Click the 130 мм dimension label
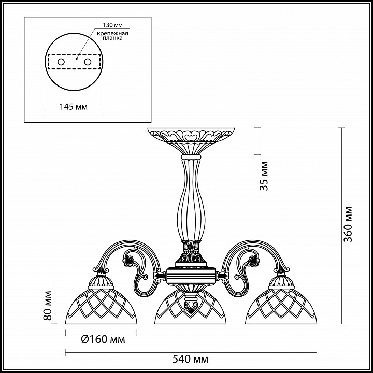coord(112,25)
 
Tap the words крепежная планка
coord(112,35)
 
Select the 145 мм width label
coord(73,107)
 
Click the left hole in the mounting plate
coord(61,62)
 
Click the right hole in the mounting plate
coord(88,62)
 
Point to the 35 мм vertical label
coord(264,176)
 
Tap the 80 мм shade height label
coord(48,306)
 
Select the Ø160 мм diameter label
coord(103,339)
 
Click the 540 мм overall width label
coord(190,358)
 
